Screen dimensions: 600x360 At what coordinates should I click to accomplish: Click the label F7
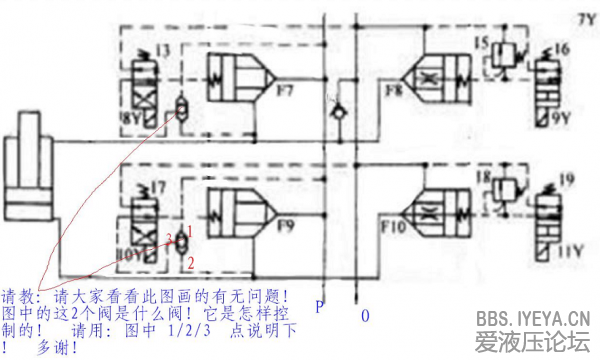[x=285, y=98]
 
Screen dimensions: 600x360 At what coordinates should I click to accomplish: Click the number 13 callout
[x=162, y=49]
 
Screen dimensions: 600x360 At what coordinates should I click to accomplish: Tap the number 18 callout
[x=482, y=177]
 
